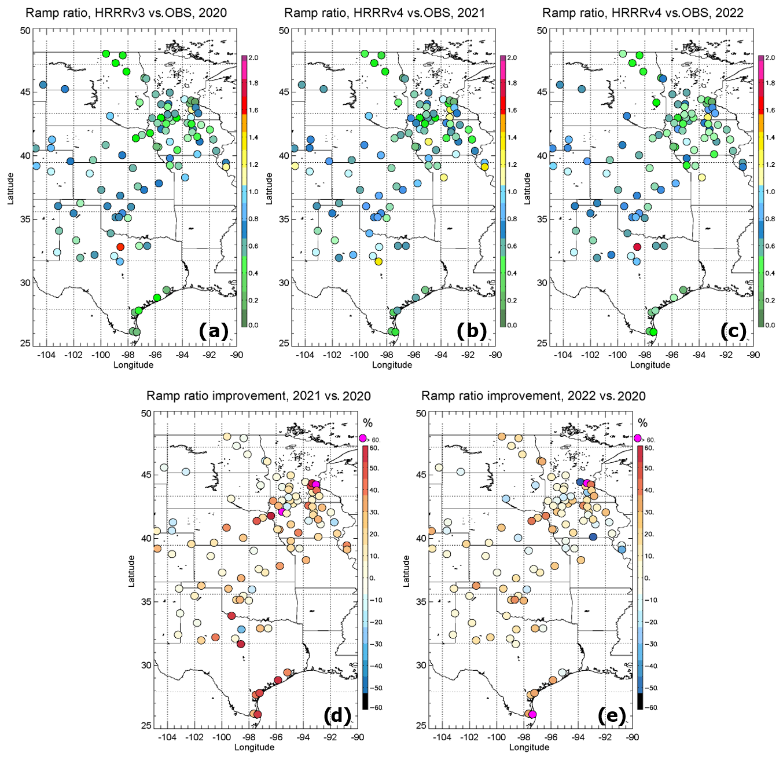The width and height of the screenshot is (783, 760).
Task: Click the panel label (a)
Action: [213, 331]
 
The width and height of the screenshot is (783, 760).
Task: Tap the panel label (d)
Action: [337, 716]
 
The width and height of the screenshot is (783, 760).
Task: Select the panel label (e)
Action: [612, 716]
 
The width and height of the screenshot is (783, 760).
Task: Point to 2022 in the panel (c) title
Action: [729, 13]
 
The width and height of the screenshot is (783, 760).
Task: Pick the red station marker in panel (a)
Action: [120, 247]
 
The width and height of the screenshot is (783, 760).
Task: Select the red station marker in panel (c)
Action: [637, 247]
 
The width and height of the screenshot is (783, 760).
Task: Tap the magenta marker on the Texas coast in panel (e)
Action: [532, 714]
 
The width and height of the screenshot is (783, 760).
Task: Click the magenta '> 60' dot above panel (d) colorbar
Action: [363, 438]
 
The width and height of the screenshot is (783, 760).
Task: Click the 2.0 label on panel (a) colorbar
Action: [253, 58]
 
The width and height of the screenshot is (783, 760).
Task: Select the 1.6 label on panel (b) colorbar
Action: [512, 110]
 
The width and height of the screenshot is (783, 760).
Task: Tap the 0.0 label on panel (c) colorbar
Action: [770, 326]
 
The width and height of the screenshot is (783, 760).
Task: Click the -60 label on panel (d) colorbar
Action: [376, 707]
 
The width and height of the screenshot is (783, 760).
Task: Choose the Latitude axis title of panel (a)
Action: [10, 187]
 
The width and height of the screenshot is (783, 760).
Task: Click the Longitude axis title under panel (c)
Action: [650, 365]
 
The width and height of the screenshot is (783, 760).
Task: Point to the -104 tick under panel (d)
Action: [167, 737]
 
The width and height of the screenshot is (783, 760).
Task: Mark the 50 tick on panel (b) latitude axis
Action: [284, 30]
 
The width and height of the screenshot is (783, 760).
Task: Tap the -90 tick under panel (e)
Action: [633, 737]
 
